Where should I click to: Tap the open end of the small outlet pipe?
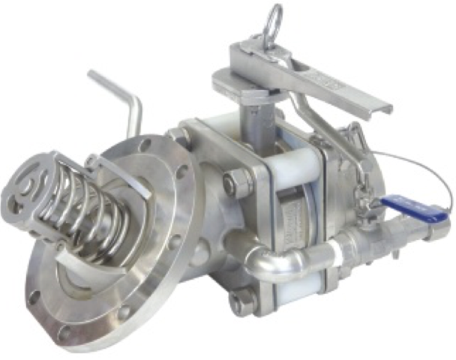pyautogui.click(x=442, y=229)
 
